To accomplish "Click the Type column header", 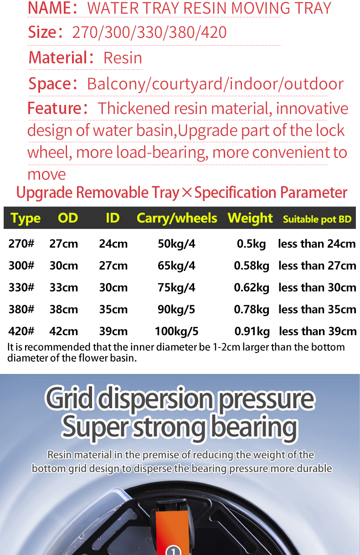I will pos(26,218).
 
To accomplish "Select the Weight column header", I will pos(250,218).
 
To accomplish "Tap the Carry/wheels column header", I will pos(177,218).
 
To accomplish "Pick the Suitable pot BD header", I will pos(317,219).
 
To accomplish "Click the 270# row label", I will pos(21,244).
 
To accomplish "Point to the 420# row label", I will pos(21,331).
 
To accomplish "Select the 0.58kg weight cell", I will pos(252,265).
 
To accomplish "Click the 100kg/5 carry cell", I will pos(176,331).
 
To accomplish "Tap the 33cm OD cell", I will pos(63,287).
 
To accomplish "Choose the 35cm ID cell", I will pos(113,309).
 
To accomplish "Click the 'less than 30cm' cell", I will pos(317,287).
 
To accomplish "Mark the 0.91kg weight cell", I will pos(252,331).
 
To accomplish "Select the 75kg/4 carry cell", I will pos(176,287).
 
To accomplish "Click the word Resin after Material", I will pos(123,58).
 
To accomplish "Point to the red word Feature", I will pos(54,109).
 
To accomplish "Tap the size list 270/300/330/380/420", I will pos(149,32).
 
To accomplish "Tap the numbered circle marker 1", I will pos(173,550).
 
